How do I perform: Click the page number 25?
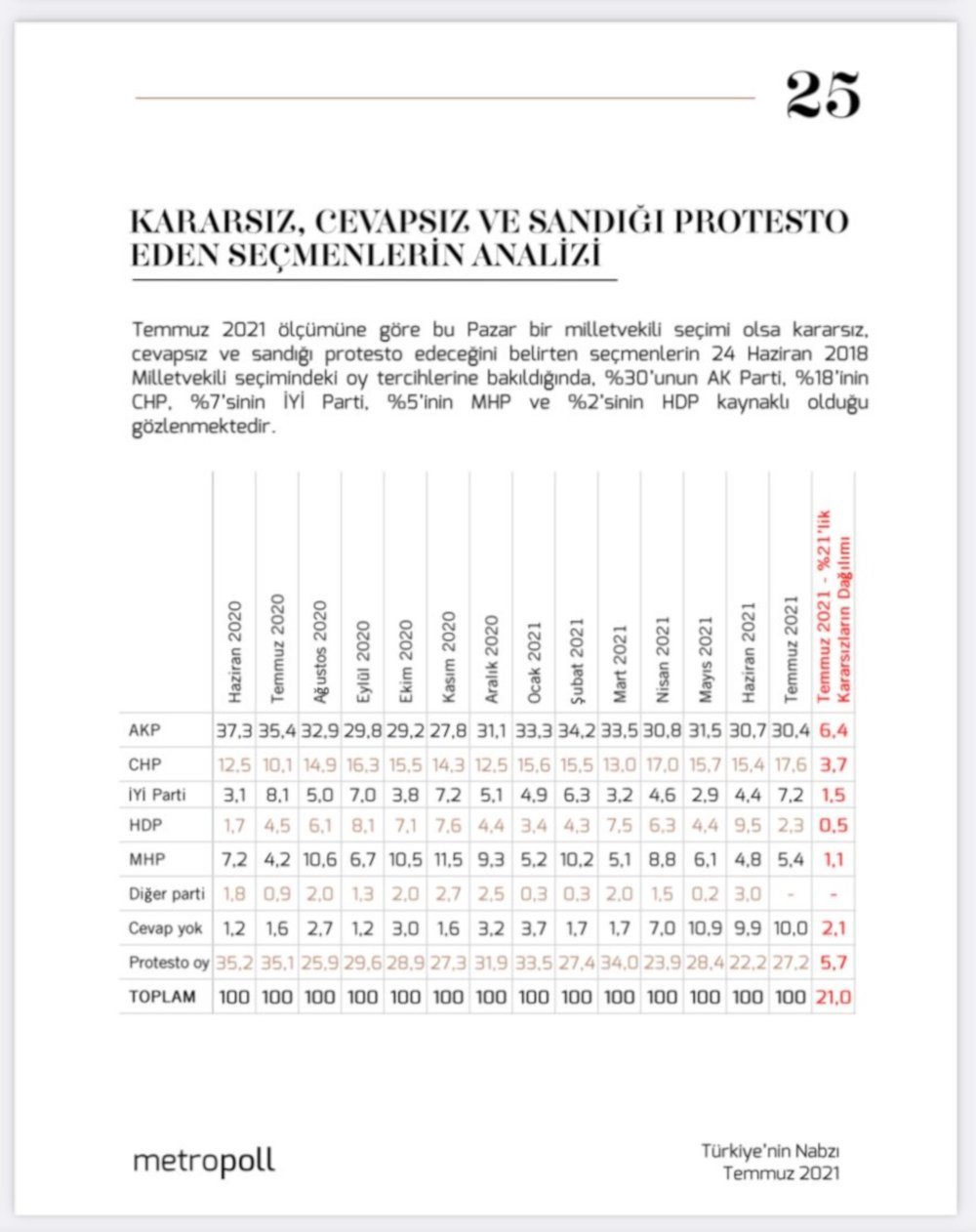[823, 95]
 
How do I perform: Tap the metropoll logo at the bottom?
[204, 1161]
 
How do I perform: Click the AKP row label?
[144, 730]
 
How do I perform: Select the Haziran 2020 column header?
[235, 652]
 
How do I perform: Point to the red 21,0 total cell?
[834, 997]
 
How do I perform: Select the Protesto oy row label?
[168, 963]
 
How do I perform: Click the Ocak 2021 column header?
[534, 662]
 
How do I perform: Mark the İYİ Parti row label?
[156, 795]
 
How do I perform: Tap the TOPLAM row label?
[162, 997]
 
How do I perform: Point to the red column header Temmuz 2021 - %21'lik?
[824, 605]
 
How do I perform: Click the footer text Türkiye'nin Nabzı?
[770, 1151]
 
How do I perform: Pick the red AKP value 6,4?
[834, 730]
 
